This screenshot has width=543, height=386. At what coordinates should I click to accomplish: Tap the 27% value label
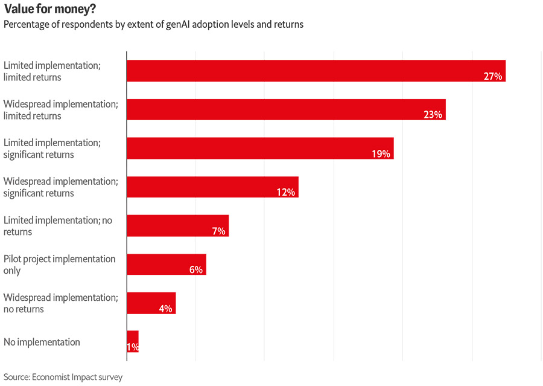click(493, 76)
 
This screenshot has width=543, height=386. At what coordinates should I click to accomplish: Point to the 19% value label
click(381, 153)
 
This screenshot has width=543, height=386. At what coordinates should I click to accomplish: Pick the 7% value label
click(218, 231)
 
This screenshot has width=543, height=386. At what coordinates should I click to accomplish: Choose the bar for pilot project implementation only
click(167, 264)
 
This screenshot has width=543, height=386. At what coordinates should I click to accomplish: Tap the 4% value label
click(165, 308)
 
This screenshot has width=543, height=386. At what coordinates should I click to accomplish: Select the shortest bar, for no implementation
click(133, 341)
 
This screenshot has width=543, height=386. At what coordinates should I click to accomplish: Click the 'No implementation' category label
click(42, 342)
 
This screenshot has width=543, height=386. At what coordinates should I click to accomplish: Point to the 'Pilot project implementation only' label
click(59, 265)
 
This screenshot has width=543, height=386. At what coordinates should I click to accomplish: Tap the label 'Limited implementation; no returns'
click(57, 226)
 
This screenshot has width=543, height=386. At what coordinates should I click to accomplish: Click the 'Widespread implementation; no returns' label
click(60, 303)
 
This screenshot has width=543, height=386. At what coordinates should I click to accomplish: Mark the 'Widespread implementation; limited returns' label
click(60, 110)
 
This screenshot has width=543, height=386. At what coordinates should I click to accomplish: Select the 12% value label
click(285, 192)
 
